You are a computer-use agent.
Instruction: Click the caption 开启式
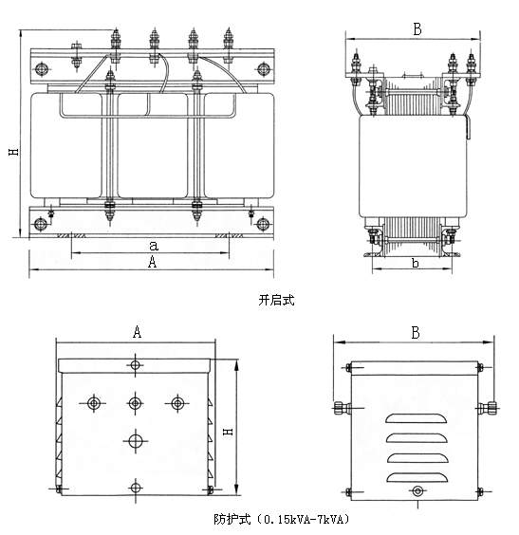(276, 301)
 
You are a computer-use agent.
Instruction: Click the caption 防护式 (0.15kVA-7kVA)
(282, 520)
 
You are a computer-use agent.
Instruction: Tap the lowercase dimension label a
(154, 246)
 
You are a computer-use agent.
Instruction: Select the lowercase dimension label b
(416, 263)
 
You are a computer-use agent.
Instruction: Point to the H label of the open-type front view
(14, 152)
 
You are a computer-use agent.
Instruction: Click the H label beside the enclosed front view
(228, 432)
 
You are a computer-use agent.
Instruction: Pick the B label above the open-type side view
(417, 29)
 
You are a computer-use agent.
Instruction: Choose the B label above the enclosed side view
(416, 333)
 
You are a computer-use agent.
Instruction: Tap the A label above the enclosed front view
(137, 331)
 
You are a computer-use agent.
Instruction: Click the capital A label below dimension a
(153, 262)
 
